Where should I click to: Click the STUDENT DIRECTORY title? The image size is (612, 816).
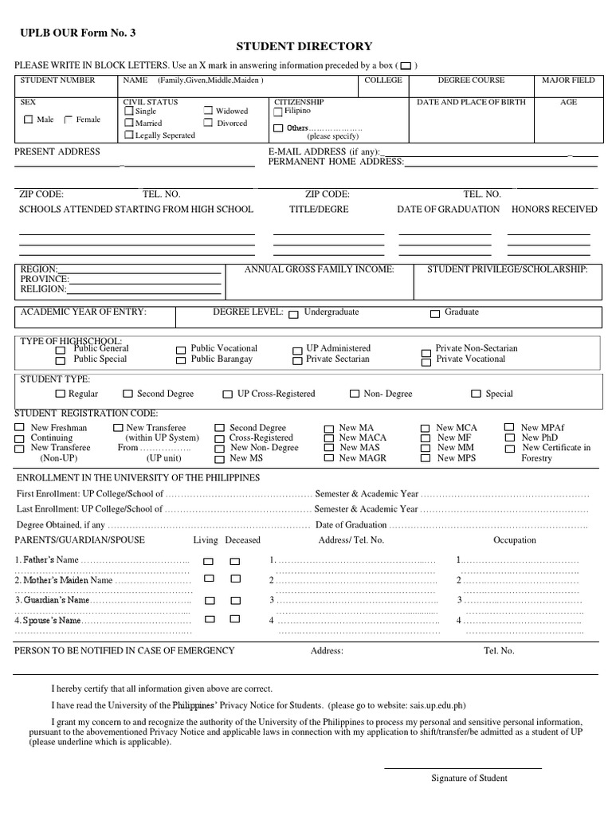click(x=304, y=47)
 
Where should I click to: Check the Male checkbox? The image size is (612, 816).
click(x=29, y=120)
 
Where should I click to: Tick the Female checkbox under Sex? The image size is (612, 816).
click(x=68, y=120)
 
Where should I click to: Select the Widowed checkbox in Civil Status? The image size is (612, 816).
click(x=208, y=112)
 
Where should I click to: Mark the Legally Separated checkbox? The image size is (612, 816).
click(x=128, y=135)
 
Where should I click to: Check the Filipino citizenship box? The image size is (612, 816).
click(x=278, y=112)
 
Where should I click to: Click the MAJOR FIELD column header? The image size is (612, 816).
click(x=568, y=80)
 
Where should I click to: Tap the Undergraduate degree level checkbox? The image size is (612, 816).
click(x=294, y=314)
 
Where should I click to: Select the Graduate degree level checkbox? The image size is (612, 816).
click(x=435, y=314)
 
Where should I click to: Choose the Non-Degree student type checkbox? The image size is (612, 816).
click(x=355, y=394)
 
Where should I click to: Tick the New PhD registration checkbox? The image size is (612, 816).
click(x=510, y=438)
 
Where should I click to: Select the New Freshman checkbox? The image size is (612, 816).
click(x=20, y=429)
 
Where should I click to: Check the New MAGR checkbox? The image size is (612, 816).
click(x=328, y=459)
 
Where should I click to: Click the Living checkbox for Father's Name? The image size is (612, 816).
click(x=209, y=561)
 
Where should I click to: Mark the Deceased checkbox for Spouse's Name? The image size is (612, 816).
click(x=235, y=619)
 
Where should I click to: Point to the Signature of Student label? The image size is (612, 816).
click(x=469, y=779)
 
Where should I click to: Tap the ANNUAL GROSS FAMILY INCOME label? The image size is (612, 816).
click(x=319, y=270)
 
